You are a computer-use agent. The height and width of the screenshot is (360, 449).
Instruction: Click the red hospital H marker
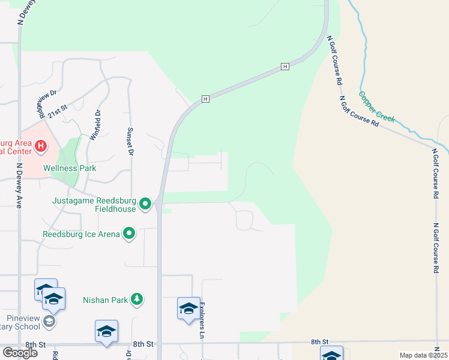40,146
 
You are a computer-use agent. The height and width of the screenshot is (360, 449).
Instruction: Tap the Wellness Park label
70,168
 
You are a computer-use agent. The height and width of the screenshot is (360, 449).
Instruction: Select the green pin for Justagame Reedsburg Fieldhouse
145,205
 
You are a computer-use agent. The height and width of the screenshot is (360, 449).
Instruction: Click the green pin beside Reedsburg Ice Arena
129,233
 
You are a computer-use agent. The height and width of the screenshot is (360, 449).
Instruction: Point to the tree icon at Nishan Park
137,299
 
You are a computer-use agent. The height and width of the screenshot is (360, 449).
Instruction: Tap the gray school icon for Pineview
49,322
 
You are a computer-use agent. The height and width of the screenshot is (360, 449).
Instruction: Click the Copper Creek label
377,107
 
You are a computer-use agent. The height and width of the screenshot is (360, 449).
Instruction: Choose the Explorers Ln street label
202,320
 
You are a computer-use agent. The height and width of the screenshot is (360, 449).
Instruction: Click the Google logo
20,352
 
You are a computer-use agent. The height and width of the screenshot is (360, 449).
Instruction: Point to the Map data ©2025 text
423,355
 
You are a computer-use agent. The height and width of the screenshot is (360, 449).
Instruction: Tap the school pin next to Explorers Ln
188,308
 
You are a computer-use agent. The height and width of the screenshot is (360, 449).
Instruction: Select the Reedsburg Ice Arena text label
81,233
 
